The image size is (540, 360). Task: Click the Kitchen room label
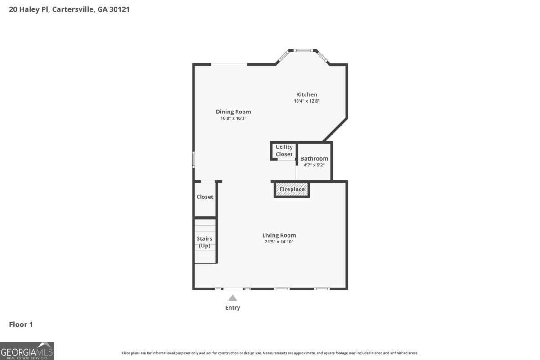coord(306,94)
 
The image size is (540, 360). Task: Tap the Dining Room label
coord(233,112)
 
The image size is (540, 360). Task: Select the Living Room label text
coord(279,235)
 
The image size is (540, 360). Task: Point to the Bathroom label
coord(314,158)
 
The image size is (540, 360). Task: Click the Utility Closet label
coord(284,151)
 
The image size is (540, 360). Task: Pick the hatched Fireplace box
coord(292,189)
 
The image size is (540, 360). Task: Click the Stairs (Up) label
coord(205,242)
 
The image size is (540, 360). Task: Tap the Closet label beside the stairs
coord(205,197)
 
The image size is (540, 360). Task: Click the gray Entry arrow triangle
coord(233,298)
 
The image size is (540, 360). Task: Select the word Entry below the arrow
coord(233,308)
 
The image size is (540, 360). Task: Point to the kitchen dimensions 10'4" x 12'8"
coord(306,101)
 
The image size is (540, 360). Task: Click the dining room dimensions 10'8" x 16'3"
coord(233,118)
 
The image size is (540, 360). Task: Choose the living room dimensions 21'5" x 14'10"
coord(279,242)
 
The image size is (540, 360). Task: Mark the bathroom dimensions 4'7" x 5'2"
coord(314,165)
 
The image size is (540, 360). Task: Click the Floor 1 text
coord(21,324)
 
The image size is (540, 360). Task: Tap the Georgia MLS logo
coord(27,351)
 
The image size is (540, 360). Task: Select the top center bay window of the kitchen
coord(303,50)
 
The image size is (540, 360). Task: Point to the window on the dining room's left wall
coord(194,160)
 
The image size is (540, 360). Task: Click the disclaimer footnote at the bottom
coord(270,353)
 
